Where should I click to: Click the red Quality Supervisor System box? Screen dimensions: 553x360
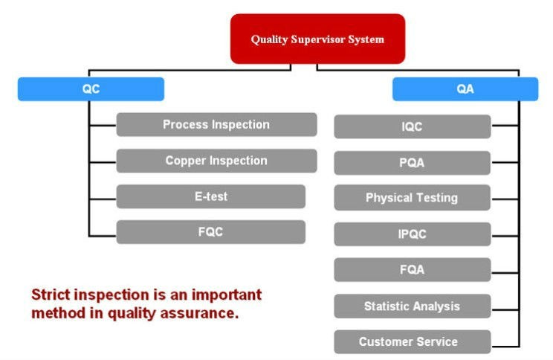coord(318,39)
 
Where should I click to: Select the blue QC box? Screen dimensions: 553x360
coord(91,89)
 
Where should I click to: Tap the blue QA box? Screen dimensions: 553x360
coord(465,89)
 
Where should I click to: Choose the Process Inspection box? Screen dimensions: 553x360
coord(216,125)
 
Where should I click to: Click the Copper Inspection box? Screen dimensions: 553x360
coord(216,161)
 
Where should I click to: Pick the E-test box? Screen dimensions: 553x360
coord(211,196)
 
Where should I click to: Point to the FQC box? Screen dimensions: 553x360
coord(211,232)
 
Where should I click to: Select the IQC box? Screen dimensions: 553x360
coord(413,126)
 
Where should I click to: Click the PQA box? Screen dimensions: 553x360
coord(413,163)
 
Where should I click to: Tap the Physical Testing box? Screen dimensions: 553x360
coord(413,198)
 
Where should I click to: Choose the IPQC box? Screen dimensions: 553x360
coord(413,234)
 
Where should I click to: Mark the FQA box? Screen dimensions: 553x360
coord(413,270)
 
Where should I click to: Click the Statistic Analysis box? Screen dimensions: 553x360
coord(413,306)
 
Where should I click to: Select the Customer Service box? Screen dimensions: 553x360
coord(413,341)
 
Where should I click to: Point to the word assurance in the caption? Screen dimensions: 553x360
coord(199,313)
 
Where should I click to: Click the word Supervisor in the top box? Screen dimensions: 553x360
coord(318,39)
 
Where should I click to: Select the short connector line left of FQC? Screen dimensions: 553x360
coord(103,235)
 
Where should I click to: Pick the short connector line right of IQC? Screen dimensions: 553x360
coord(505,125)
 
